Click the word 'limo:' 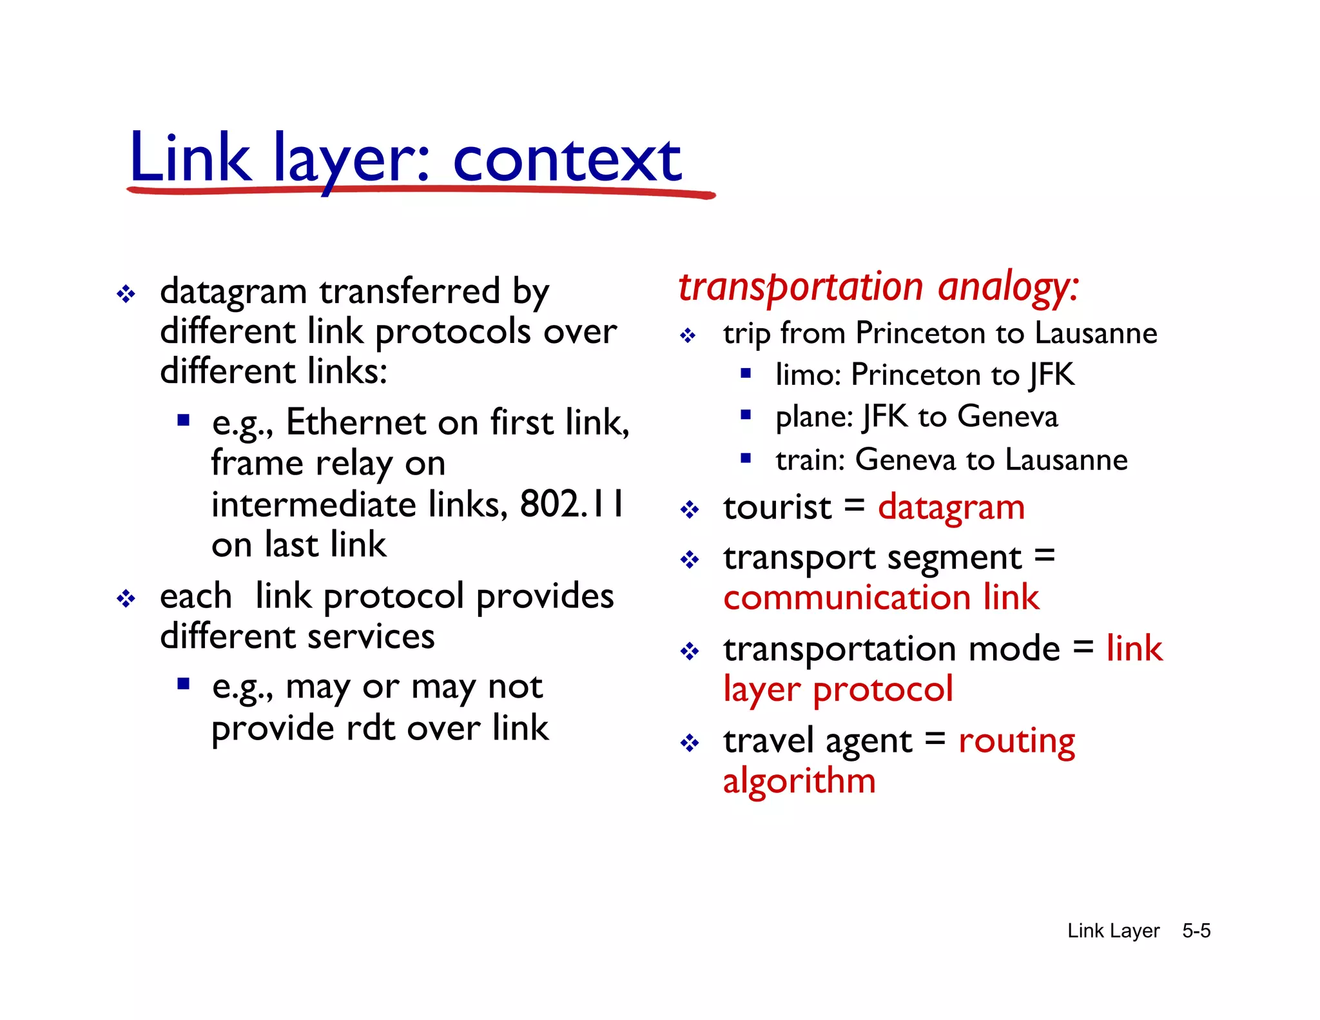click(x=808, y=375)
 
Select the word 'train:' click(x=810, y=460)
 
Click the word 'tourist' click(x=777, y=507)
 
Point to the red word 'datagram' click(x=951, y=507)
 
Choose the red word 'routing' click(x=1016, y=741)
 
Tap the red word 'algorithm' click(x=799, y=781)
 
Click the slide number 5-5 click(x=1196, y=930)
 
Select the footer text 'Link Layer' click(x=1113, y=930)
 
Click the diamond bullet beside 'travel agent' click(x=690, y=743)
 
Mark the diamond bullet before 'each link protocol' click(x=126, y=599)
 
